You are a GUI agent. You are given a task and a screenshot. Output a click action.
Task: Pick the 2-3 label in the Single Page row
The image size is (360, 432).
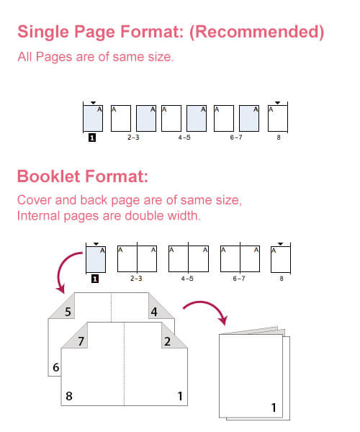[133, 136]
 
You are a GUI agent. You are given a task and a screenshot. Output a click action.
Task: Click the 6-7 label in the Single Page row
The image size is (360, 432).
[235, 136]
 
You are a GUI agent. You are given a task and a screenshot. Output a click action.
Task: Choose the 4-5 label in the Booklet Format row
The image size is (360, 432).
[187, 277]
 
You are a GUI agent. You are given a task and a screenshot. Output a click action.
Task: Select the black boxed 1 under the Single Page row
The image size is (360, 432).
[92, 137]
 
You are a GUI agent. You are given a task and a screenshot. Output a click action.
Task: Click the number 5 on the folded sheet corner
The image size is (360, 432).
[68, 312]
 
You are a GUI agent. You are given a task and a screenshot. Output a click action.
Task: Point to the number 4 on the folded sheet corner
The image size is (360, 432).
[154, 312]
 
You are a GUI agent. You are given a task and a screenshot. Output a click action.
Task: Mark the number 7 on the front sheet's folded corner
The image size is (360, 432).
[81, 341]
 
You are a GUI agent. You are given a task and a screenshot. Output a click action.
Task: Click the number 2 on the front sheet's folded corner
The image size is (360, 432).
[167, 341]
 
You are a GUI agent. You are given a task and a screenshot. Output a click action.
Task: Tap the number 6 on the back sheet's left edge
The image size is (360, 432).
[55, 367]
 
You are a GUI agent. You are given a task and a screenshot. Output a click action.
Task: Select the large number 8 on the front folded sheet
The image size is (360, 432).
[70, 395]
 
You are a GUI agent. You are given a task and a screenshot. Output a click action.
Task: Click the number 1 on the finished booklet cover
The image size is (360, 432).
[274, 408]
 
